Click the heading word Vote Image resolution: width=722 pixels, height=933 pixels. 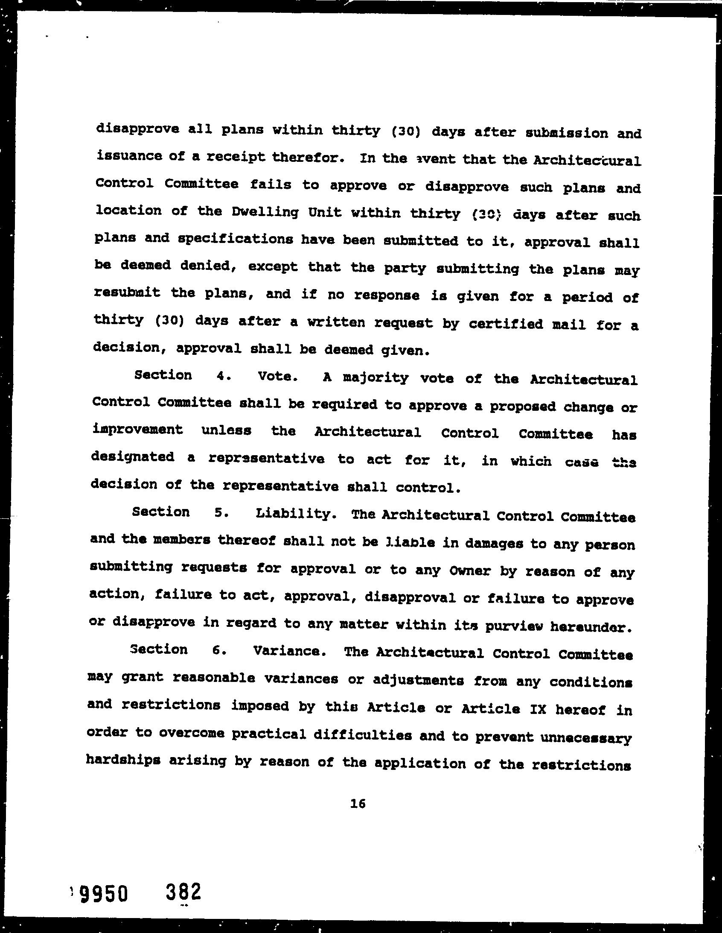pos(277,376)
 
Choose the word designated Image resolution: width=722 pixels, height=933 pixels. pos(133,457)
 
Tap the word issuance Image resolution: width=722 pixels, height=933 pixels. pos(129,156)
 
